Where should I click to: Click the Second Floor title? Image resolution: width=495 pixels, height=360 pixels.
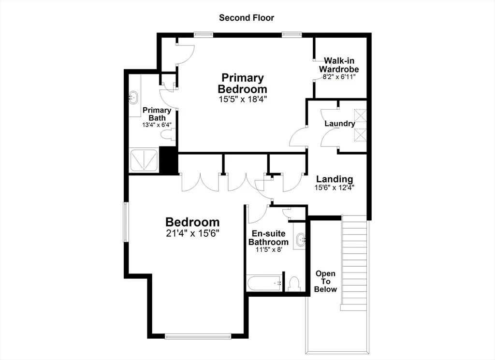tap(247, 18)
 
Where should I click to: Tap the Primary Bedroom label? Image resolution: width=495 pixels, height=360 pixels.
tap(243, 83)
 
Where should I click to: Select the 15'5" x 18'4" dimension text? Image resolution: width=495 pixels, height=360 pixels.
tap(243, 99)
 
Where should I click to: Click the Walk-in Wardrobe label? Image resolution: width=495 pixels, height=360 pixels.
tap(339, 65)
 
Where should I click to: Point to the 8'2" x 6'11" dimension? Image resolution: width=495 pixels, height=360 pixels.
tap(339, 77)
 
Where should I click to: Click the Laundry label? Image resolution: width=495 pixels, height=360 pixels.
tap(340, 123)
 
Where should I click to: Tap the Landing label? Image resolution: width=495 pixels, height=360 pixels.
tap(335, 179)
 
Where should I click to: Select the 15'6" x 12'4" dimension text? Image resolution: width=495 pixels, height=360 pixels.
tap(335, 187)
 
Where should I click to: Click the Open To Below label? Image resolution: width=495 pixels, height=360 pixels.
tap(325, 281)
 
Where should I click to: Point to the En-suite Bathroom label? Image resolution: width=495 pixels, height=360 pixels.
tap(269, 238)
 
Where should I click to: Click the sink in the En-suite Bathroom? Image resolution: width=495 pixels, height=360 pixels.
tap(301, 240)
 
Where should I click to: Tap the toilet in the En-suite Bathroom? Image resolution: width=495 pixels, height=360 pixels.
tap(294, 284)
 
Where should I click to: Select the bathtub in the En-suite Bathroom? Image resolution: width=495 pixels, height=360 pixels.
tap(264, 283)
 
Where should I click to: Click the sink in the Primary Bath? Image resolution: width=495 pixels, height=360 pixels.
tap(133, 98)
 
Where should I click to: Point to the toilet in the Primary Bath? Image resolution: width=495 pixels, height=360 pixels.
tap(168, 135)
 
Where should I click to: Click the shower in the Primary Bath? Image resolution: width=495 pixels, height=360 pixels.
tap(144, 160)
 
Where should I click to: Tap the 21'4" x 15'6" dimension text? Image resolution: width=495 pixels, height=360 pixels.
tap(192, 233)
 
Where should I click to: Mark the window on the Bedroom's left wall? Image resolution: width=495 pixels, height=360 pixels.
tap(125, 222)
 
